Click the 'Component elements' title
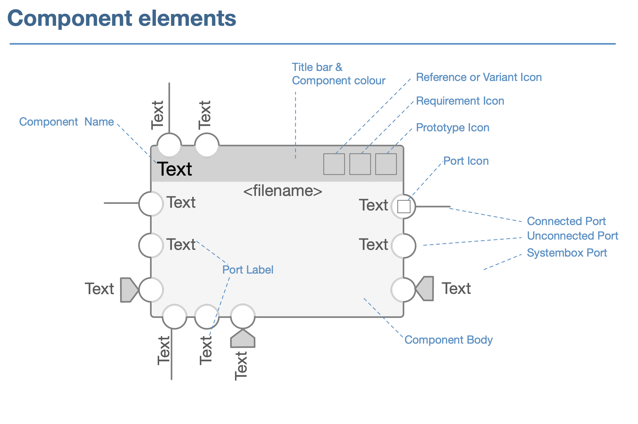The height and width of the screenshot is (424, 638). coord(122,18)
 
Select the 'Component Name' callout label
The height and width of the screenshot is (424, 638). coord(66,122)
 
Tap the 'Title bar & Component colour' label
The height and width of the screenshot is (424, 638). coord(338,74)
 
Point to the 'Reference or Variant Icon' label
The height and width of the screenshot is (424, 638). coord(478,77)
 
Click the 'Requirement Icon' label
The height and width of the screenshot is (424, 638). coord(460,101)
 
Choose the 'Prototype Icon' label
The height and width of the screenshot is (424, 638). coord(452,128)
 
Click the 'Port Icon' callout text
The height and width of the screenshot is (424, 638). coord(466,161)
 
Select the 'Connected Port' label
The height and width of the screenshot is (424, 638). coord(566,221)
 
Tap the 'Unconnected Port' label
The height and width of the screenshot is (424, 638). coord(572,236)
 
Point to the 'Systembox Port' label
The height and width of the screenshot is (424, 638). coord(567,253)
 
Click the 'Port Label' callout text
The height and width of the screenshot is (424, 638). coord(247,270)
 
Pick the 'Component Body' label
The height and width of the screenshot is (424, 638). coord(448,340)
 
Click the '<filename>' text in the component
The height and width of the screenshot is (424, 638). coord(283,191)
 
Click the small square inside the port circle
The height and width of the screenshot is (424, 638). coord(404,207)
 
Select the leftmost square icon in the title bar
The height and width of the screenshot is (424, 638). coord(334,164)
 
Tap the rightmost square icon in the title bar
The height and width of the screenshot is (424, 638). coord(386,164)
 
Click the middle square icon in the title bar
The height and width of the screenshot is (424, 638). coord(360,164)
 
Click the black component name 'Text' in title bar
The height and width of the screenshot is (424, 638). coord(174,169)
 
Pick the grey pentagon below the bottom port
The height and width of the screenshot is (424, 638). coord(243,339)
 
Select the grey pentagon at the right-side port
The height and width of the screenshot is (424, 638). coord(425,289)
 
